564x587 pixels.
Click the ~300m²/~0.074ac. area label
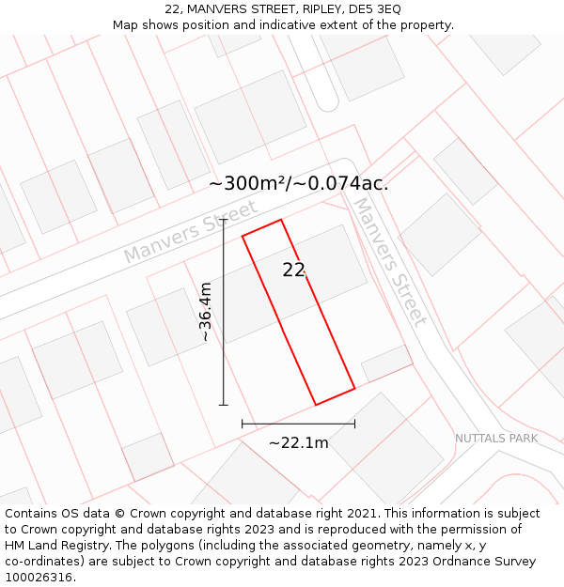click(298, 184)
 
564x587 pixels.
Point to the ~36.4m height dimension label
click(205, 312)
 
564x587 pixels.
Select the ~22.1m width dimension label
click(298, 442)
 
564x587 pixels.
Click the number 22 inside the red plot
click(294, 270)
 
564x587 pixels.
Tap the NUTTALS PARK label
click(496, 439)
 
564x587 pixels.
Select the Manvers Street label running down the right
click(389, 260)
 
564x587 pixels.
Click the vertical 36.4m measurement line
click(223, 357)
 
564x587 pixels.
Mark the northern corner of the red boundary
click(281, 220)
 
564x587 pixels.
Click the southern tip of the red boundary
click(315, 405)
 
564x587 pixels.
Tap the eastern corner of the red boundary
click(354, 388)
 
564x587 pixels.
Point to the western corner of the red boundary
click(243, 235)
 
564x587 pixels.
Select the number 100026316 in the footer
click(38, 578)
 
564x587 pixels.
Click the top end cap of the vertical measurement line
click(223, 219)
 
